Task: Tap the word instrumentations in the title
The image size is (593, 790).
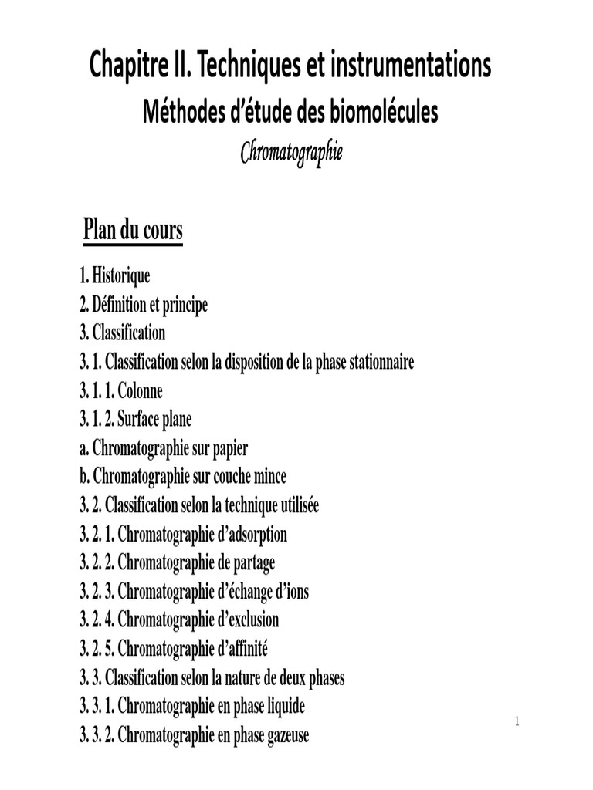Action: point(410,66)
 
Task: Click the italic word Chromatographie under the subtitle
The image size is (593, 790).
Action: point(290,152)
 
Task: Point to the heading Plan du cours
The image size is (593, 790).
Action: point(133,230)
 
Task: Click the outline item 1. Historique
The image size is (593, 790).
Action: point(114,275)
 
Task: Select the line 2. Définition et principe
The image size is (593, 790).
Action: point(144,305)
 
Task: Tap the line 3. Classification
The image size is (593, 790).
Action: point(122,333)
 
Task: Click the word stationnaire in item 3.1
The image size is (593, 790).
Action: point(377,362)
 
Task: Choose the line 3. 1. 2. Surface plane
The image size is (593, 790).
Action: point(135,420)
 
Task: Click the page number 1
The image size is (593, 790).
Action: point(517,722)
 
